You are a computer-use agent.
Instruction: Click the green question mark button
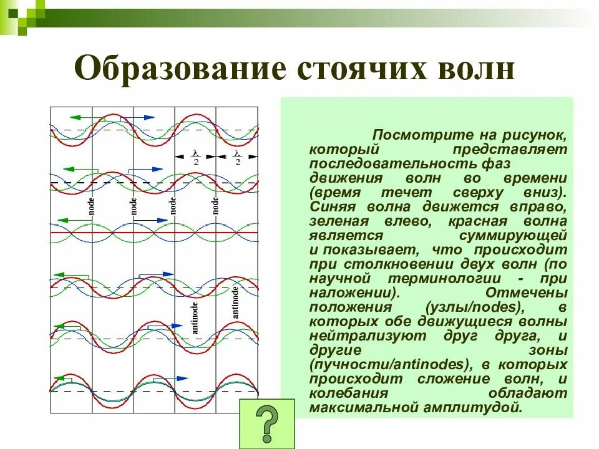tap(266, 423)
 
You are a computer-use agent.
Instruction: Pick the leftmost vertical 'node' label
tap(91, 206)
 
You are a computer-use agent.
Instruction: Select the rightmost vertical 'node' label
tap(215, 205)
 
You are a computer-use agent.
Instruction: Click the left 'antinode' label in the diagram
tap(195, 318)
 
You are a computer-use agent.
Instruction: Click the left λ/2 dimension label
tap(195, 157)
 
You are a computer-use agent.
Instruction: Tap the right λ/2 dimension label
tap(237, 157)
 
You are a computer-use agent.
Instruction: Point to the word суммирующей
tap(512, 236)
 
